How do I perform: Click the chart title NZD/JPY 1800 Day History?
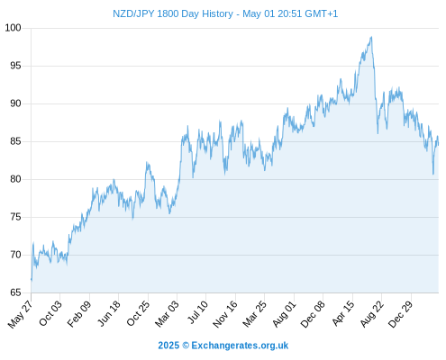pos(173,13)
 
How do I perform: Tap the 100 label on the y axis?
pos(13,28)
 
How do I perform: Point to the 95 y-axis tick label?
pos(15,66)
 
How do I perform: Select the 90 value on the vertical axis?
pos(15,103)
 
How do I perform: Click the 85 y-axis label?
pos(15,141)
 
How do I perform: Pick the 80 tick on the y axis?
pos(15,179)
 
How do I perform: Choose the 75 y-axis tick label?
pos(15,217)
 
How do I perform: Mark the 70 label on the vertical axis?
pos(15,255)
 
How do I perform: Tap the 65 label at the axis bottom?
pos(15,292)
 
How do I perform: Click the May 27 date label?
pos(21,314)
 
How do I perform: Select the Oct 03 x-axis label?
pos(50,313)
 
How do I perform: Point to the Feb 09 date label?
pos(79,314)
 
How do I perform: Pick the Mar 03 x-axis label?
pos(167,314)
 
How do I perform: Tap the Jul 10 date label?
pos(197,312)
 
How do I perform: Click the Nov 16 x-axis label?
pos(225,314)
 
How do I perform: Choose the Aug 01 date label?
pos(284,314)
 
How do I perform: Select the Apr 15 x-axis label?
pos(343,313)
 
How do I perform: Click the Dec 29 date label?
pos(401,314)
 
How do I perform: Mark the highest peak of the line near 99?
pos(371,37)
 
